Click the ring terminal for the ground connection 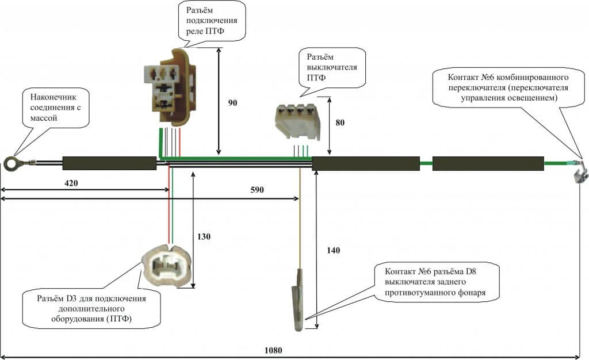tap(11, 164)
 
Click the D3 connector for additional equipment tap(165, 268)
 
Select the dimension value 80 tap(339, 122)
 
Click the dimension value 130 tap(204, 236)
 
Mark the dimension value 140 tap(334, 250)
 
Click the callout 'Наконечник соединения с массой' tap(57, 106)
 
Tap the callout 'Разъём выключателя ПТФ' tap(332, 67)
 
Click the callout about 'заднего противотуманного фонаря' tap(434, 282)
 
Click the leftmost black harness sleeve tap(109, 163)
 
